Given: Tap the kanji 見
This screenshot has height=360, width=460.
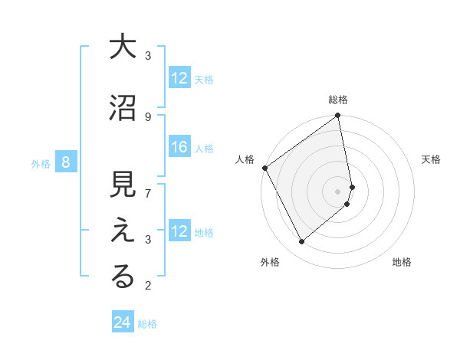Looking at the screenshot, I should tap(123, 186).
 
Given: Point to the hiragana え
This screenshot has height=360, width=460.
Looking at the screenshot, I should tap(123, 232).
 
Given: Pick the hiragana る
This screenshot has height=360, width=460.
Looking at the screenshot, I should tap(123, 278).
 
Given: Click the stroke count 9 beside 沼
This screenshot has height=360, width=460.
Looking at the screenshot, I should tap(148, 116).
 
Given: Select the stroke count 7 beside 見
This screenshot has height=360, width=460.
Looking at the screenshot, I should tap(148, 193).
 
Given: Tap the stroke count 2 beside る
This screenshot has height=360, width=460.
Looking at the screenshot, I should tap(148, 286).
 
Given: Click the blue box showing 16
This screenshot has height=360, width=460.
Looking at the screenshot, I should tap(179, 147).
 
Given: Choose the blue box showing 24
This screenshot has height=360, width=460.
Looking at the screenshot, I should tap(123, 323).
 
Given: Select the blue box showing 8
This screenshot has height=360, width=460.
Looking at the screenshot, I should tap(66, 162).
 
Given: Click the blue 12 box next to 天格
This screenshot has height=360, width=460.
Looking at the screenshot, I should tap(179, 78).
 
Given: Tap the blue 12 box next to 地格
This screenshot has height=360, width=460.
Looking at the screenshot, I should tap(179, 231).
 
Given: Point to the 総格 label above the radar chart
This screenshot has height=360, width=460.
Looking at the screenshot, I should tap(338, 100).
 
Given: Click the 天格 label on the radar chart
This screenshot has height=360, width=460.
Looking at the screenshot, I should tap(432, 159).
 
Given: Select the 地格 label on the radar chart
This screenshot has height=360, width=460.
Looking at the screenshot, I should tap(402, 263).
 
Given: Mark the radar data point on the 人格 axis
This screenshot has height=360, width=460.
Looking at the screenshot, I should tap(264, 168).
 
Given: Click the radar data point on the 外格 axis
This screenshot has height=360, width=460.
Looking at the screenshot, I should tap(301, 242).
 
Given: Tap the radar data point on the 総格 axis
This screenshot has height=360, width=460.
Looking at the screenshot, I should tap(338, 116).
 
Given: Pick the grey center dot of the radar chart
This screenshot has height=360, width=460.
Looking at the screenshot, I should tap(338, 191).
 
